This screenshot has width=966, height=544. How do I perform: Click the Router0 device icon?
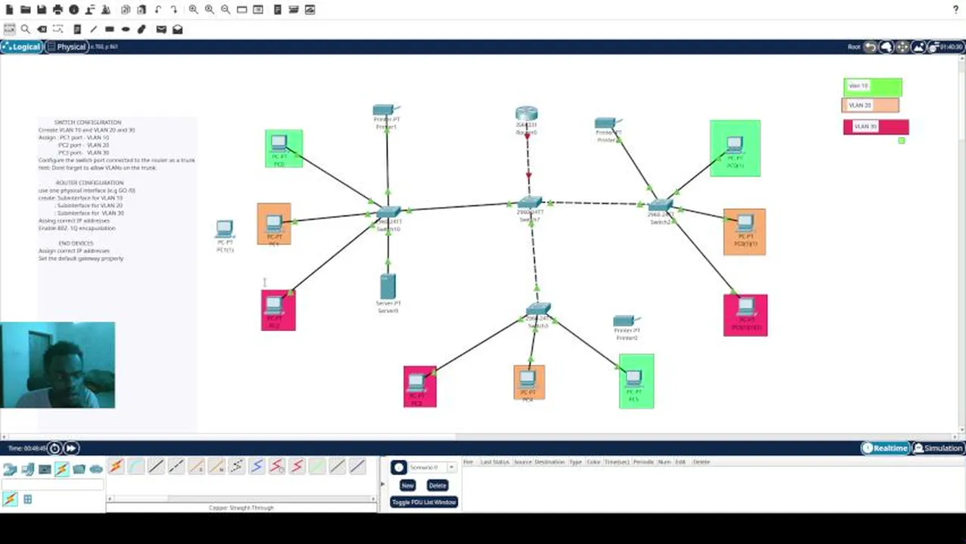point(526,114)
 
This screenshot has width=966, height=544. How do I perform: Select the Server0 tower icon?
point(388,286)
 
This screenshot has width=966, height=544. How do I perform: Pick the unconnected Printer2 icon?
point(626,321)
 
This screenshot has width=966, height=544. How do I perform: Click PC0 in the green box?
point(280,144)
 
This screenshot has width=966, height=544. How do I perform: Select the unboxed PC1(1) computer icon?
point(224,229)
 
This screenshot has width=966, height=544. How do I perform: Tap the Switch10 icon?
point(389,213)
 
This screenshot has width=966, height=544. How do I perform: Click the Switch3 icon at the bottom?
point(538,309)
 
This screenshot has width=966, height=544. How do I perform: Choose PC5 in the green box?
point(634,378)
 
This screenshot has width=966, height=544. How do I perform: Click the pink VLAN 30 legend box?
point(875,127)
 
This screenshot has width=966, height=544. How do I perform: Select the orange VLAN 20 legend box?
point(870,106)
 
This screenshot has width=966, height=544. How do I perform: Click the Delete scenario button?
point(437,485)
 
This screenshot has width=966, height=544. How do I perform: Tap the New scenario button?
point(407,485)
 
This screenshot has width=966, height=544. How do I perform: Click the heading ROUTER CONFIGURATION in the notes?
point(89,183)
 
